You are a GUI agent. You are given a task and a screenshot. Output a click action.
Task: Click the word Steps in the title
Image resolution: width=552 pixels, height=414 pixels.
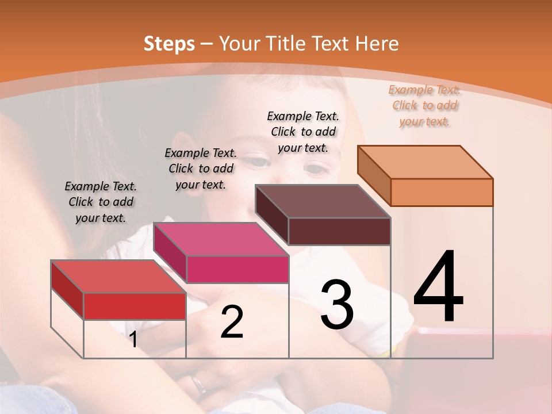click(x=169, y=44)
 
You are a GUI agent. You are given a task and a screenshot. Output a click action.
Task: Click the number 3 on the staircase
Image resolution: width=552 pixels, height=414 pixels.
click(x=336, y=305)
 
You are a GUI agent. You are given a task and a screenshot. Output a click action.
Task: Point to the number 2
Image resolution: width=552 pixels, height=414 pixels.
click(x=232, y=323)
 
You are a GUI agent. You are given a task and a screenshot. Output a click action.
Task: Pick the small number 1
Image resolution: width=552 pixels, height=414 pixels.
click(x=133, y=340)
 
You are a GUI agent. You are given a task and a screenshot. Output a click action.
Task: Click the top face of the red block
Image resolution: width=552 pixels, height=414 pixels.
click(x=118, y=277)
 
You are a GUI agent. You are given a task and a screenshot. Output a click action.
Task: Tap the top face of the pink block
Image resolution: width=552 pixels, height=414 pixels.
click(x=221, y=239)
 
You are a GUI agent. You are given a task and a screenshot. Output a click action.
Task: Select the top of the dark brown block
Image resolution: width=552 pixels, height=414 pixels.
click(x=323, y=201)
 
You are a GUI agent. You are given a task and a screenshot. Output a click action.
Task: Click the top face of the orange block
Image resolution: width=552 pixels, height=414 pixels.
click(x=425, y=162)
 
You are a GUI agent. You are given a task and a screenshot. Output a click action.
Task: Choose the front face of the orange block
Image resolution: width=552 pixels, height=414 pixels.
click(x=442, y=192)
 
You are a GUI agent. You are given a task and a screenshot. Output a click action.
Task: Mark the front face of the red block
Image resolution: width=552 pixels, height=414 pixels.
click(x=135, y=306)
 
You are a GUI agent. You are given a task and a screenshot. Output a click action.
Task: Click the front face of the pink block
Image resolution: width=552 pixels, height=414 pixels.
click(x=237, y=269)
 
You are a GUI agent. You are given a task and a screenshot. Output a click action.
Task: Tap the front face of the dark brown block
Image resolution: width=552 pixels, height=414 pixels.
click(x=339, y=231)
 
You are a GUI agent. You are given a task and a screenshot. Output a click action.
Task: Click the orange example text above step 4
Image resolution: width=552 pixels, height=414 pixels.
click(x=425, y=105)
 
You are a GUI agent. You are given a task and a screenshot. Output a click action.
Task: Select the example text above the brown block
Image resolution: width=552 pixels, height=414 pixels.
click(x=303, y=132)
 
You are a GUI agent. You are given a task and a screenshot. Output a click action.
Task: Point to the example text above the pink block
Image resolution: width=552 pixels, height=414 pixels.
click(x=201, y=168)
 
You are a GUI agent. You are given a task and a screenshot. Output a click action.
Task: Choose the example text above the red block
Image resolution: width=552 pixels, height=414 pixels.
click(x=101, y=202)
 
